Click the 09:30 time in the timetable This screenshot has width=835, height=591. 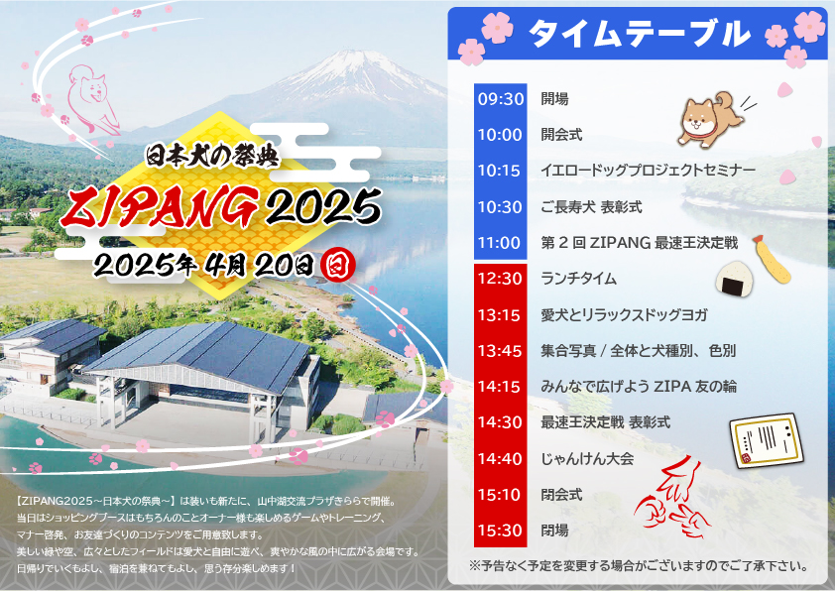coord(501,99)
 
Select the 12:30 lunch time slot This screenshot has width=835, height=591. coord(500,279)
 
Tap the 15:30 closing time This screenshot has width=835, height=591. coord(500,531)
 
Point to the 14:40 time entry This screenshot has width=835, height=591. coord(500,458)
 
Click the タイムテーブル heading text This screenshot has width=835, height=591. coord(639,33)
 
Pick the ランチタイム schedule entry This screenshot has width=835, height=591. coord(578,279)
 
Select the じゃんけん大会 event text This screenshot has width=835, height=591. coord(587,458)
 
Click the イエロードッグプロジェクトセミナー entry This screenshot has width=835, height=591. coord(649,171)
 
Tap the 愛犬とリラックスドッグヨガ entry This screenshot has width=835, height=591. coord(624,314)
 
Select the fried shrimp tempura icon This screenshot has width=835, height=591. coord(771,259)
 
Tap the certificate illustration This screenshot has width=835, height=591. coord(766,441)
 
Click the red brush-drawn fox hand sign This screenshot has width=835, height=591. coord(672,498)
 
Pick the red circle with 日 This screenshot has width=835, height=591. coord(338,265)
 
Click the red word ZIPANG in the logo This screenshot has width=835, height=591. coord(160,207)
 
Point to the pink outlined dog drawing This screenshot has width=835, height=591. coord(93,99)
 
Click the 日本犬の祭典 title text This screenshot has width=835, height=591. coord(212,156)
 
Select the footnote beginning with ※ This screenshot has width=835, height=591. coord(639,566)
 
